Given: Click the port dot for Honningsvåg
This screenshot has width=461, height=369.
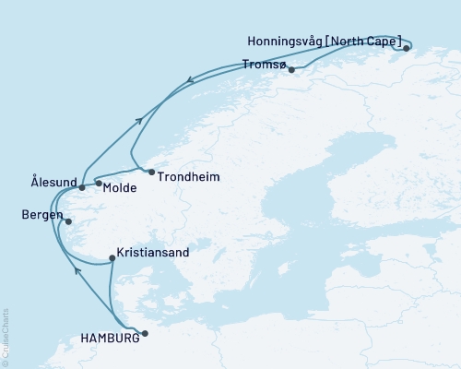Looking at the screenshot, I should point(407,48).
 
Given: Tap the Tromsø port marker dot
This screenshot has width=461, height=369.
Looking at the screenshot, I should point(291,69).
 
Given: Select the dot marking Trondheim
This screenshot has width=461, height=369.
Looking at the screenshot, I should point(151,172).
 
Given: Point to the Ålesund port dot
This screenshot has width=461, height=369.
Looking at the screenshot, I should point(82,188).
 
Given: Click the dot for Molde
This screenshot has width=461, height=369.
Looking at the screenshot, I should point(99,184).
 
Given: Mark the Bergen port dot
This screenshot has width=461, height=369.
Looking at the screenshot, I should point(68,221).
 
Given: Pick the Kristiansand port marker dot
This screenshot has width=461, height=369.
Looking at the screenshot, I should point(112,258).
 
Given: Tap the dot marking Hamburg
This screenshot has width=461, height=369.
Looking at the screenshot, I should point(145,336).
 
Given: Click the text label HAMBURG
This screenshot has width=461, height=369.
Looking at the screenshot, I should point(110,338).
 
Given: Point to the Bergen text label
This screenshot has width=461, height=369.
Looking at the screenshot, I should point(41,215).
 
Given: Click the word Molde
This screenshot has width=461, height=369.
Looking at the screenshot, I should point(121,188).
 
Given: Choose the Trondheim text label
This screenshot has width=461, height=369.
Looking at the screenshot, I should point(188,176).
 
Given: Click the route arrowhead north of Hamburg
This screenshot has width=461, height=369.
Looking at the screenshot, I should point(77,270).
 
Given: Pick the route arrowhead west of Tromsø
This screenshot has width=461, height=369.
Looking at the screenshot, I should point(190,80).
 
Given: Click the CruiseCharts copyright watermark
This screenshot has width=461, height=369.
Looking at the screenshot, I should point(6,337).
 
